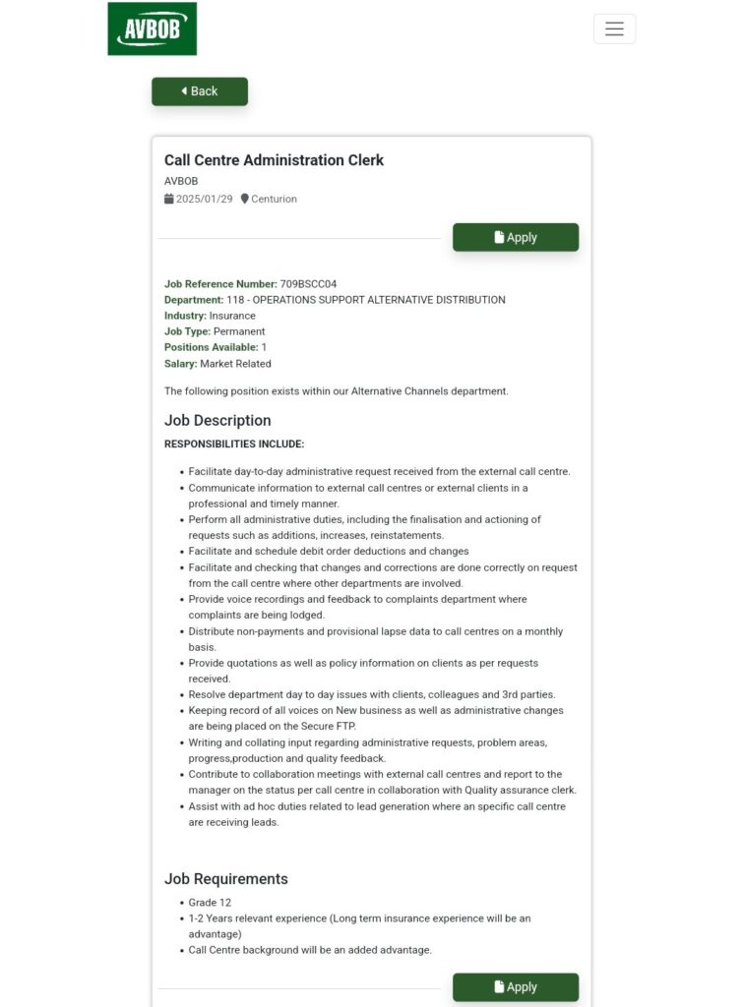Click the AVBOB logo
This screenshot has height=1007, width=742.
click(x=152, y=29)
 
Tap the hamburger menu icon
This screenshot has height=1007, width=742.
click(x=614, y=29)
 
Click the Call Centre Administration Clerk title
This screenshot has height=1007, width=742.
click(x=274, y=160)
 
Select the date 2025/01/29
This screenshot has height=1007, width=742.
click(x=205, y=199)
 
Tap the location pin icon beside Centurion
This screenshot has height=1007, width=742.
click(x=245, y=199)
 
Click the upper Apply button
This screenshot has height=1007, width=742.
click(x=516, y=237)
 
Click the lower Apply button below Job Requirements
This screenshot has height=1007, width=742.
click(x=516, y=986)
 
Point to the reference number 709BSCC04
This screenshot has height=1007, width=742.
click(x=308, y=284)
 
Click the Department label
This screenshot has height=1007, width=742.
click(x=193, y=300)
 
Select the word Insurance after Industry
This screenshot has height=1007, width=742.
click(x=232, y=316)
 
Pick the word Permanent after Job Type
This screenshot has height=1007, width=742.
click(x=239, y=331)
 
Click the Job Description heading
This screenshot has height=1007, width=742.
click(x=217, y=420)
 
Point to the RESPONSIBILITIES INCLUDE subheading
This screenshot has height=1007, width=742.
click(x=234, y=444)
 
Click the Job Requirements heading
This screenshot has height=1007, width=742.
click(x=226, y=879)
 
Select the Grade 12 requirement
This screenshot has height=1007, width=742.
click(x=210, y=903)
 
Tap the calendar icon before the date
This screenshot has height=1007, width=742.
click(x=169, y=199)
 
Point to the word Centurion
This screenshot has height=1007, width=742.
click(x=274, y=199)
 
